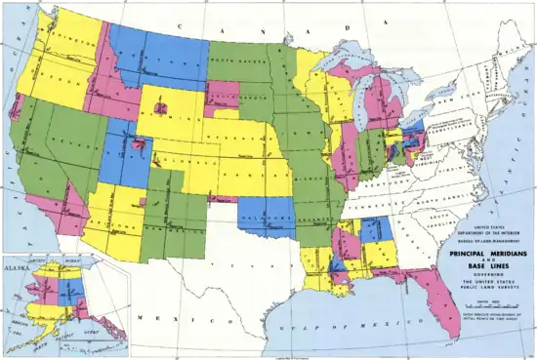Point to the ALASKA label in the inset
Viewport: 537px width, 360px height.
click(x=17, y=263)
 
